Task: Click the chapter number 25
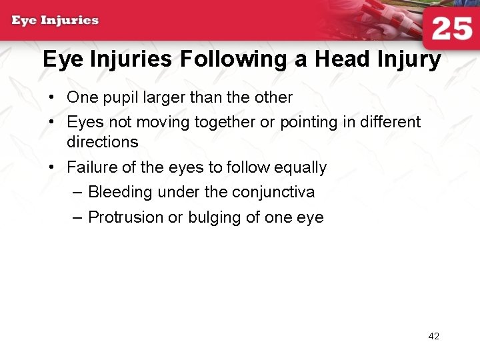[452, 29]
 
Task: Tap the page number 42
[433, 336]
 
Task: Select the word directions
[103, 142]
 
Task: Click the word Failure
[90, 167]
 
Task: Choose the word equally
[300, 168]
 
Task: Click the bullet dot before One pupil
[51, 98]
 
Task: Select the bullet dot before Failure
[51, 167]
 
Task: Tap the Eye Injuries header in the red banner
[55, 20]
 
